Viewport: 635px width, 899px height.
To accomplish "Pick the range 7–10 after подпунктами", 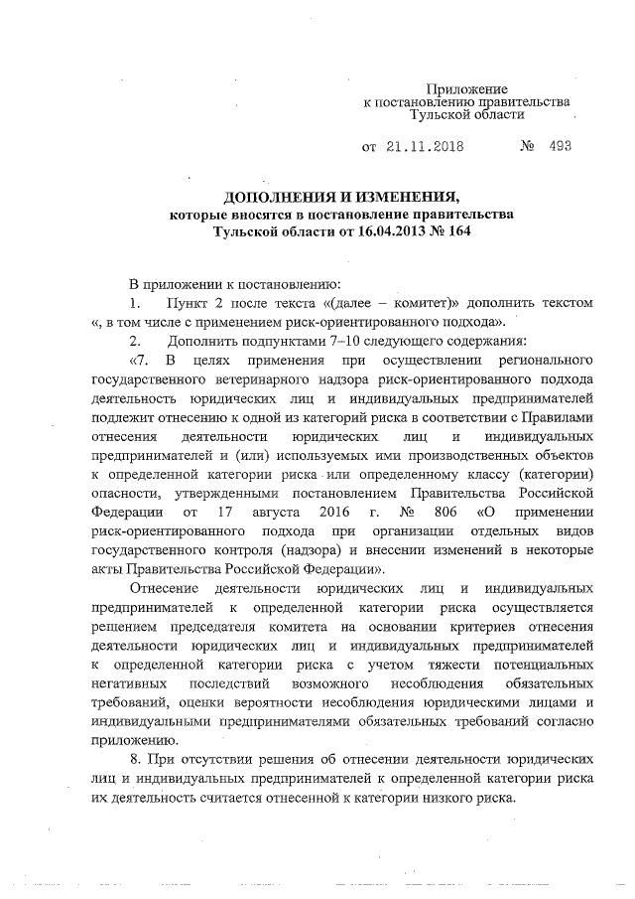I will [x=300, y=339].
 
